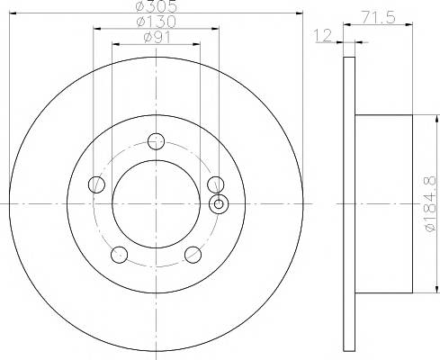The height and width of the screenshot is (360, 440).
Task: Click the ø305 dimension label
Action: point(156,6)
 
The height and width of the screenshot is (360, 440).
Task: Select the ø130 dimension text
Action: point(156,22)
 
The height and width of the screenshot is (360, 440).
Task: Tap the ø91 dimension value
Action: point(157,38)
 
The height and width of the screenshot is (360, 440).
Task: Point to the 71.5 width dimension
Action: point(378,17)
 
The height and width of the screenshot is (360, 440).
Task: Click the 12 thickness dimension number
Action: point(323,35)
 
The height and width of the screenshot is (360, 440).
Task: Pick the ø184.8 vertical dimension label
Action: point(430,204)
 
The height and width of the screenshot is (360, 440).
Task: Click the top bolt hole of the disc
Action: point(156,141)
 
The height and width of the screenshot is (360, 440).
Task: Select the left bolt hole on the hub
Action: point(96,184)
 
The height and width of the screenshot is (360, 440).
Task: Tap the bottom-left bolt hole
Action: point(119,255)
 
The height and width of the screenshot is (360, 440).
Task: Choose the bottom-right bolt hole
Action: point(193,255)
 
